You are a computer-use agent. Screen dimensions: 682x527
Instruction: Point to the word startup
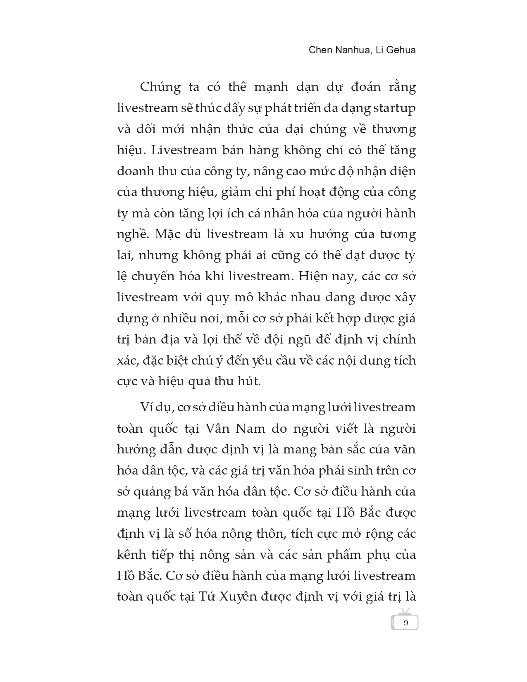click(394, 108)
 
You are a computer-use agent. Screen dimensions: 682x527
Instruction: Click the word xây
click(405, 297)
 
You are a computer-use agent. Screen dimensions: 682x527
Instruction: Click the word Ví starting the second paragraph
click(146, 407)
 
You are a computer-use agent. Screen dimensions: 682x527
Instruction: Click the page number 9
click(405, 623)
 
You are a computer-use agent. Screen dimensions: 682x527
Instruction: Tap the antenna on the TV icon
click(405, 611)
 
